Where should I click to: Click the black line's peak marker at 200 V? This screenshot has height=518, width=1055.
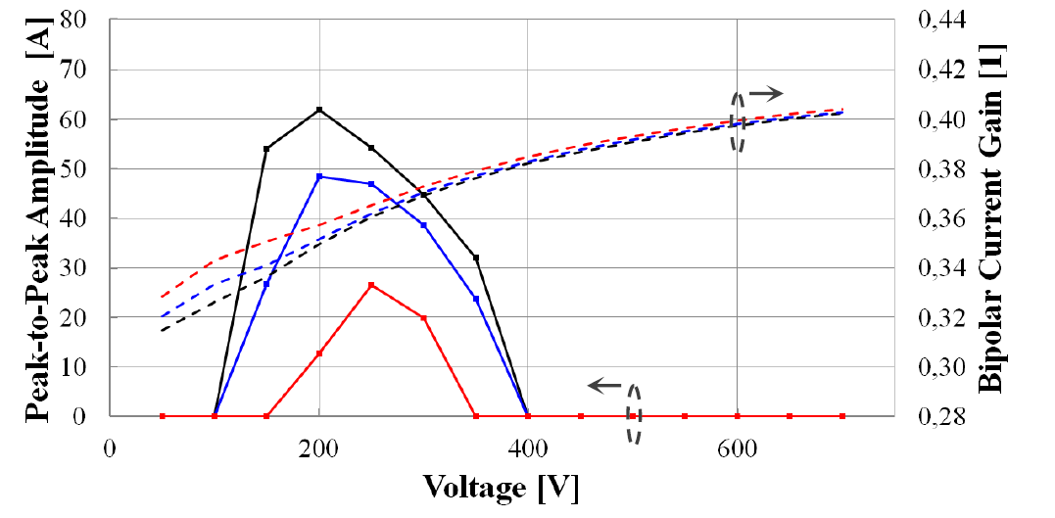pyautogui.click(x=319, y=110)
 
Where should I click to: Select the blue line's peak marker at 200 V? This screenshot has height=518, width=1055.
pyautogui.click(x=319, y=176)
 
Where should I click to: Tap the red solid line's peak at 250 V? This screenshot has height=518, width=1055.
pyautogui.click(x=371, y=285)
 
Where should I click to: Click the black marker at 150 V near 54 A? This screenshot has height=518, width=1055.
pyautogui.click(x=266, y=149)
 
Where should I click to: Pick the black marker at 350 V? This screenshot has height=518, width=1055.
pyautogui.click(x=476, y=258)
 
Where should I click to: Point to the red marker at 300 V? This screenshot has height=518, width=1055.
pyautogui.click(x=423, y=318)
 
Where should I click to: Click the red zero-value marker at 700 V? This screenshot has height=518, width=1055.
pyautogui.click(x=842, y=416)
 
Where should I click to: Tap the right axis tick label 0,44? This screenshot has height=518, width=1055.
pyautogui.click(x=941, y=19)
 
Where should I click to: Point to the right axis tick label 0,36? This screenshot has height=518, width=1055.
pyautogui.click(x=941, y=217)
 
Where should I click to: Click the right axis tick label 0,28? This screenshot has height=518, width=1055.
pyautogui.click(x=941, y=416)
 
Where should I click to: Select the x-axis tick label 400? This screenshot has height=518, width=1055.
pyautogui.click(x=528, y=447)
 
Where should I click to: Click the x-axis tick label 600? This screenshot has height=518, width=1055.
pyautogui.click(x=738, y=447)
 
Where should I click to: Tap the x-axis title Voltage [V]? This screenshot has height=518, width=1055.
pyautogui.click(x=500, y=487)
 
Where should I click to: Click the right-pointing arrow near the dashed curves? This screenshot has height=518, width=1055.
pyautogui.click(x=770, y=93)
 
